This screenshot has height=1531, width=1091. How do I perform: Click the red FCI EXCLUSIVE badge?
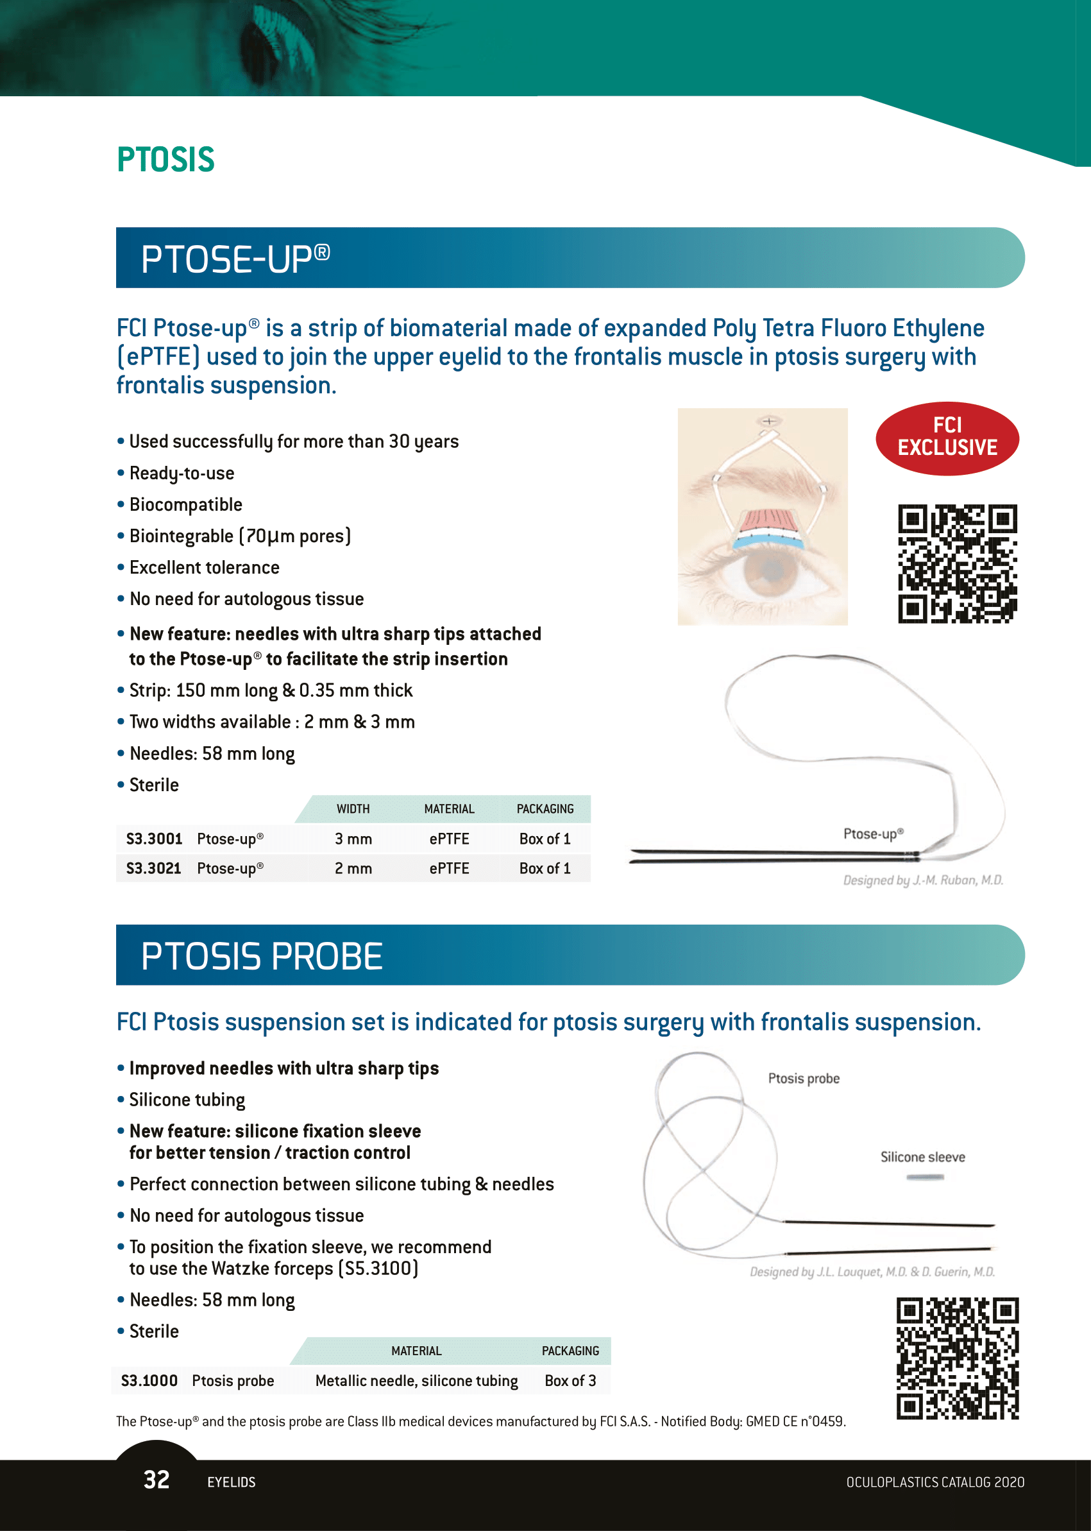coord(947,438)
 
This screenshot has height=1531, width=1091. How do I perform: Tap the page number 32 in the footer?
coord(156,1479)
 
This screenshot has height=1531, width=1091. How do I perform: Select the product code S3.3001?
coord(154,839)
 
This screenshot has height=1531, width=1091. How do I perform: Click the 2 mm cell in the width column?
coord(353,868)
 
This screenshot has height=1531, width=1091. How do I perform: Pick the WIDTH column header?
coord(353,808)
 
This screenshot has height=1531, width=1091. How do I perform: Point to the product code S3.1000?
coord(149,1380)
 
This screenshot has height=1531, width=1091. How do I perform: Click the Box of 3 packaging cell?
coord(570,1380)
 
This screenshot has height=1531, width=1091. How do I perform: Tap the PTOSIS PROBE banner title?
coord(261,955)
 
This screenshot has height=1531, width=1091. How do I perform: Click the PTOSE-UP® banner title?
coord(235,259)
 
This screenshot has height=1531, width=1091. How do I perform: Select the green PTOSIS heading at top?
coord(165,160)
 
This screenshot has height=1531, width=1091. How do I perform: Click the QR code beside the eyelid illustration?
coord(957,563)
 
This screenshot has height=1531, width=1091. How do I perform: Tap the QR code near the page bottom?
coord(957,1358)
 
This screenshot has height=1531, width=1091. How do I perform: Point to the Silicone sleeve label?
coord(922,1157)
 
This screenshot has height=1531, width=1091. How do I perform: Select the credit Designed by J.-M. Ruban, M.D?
coord(922,880)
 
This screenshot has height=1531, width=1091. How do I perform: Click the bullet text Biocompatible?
coord(185,504)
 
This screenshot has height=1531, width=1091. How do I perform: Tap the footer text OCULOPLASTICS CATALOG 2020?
coord(935,1482)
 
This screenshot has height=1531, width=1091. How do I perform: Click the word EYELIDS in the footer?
coord(231,1482)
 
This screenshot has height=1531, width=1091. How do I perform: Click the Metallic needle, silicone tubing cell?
coord(416,1380)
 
